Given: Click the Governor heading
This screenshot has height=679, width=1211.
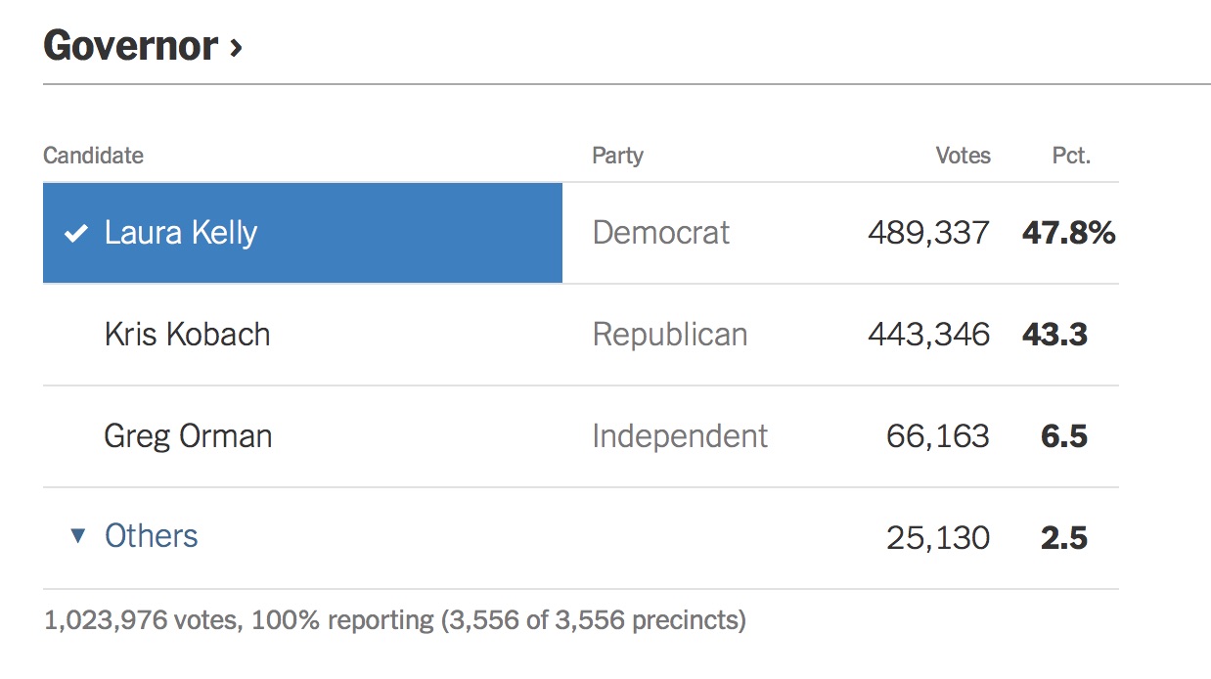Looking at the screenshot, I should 130,46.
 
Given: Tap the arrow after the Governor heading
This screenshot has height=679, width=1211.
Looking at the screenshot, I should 235,47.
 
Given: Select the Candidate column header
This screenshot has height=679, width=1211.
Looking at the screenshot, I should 93,156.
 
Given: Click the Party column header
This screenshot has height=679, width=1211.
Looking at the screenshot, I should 617,156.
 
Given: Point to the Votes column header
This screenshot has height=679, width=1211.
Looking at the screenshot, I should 963,156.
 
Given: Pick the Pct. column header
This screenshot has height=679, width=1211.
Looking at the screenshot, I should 1071,156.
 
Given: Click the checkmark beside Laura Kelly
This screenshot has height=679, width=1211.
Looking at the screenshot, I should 75,234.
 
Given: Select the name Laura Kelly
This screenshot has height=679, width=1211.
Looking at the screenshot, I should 181,233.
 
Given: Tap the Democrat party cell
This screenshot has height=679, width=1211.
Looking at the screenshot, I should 661,233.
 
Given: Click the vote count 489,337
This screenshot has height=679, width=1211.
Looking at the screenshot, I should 928,233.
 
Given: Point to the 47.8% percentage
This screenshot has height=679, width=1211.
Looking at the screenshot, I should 1068,233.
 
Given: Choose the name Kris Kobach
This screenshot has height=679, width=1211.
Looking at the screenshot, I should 187,335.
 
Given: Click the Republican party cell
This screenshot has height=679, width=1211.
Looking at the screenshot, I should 670,335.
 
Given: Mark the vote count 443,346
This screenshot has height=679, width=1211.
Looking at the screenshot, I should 928,335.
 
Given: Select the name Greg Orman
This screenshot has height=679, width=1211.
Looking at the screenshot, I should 188,436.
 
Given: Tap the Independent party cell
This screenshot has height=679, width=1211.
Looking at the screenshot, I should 680,436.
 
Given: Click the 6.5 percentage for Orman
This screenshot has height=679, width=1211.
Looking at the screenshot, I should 1064,436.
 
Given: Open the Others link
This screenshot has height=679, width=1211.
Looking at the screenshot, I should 152,536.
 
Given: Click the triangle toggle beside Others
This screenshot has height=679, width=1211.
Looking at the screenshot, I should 78,536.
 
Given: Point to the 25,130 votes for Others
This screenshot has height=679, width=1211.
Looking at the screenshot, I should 938,538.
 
